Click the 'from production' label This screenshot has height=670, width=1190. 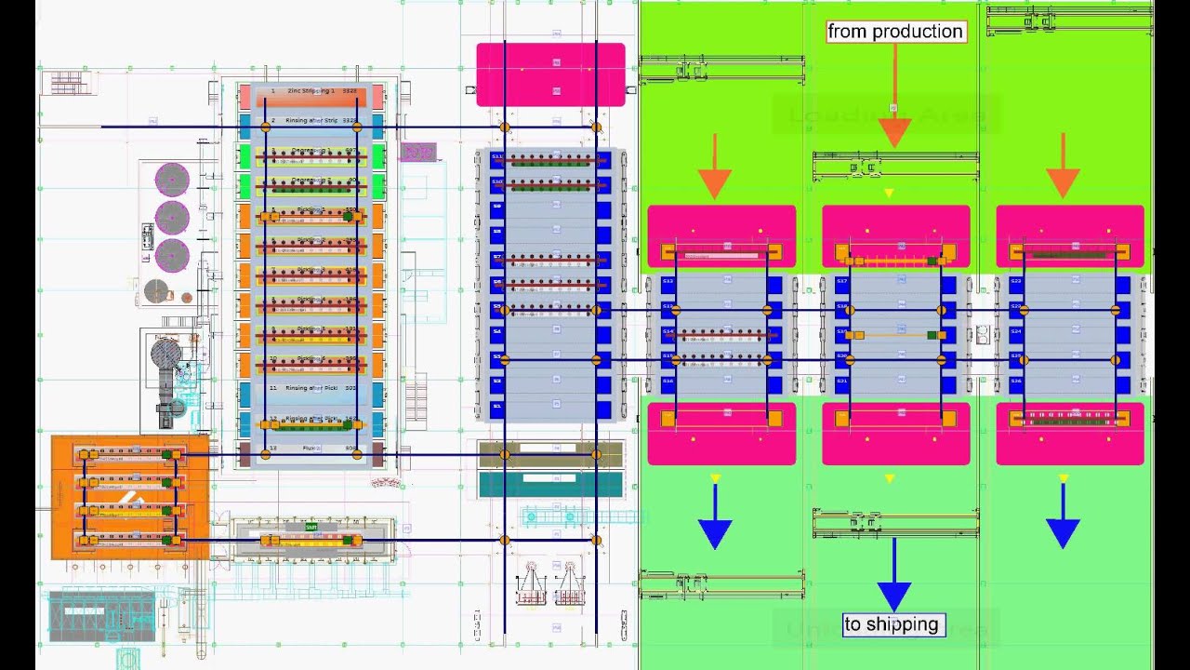pyautogui.click(x=895, y=32)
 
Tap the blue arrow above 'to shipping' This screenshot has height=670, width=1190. pyautogui.click(x=893, y=577)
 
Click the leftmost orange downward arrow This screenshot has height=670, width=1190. pyautogui.click(x=714, y=167)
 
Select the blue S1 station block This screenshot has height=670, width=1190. pyautogui.click(x=497, y=407)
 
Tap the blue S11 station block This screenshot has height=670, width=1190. pyautogui.click(x=497, y=157)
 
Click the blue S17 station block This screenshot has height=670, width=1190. pyautogui.click(x=842, y=281)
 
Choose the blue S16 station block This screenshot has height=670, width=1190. pyautogui.click(x=668, y=382)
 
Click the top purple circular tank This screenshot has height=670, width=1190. pyautogui.click(x=172, y=180)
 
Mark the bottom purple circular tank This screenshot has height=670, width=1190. pyautogui.click(x=172, y=254)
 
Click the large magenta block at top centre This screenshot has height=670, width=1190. pyautogui.click(x=550, y=74)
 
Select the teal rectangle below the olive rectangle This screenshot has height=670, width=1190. pyautogui.click(x=550, y=484)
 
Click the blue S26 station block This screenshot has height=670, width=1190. pyautogui.click(x=1016, y=381)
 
